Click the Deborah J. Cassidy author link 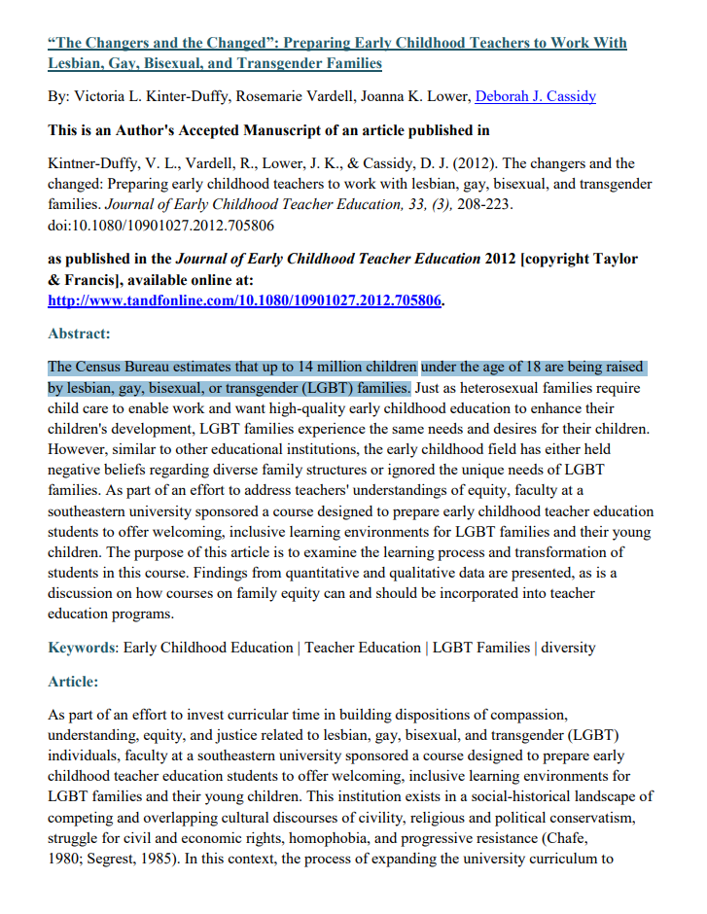(535, 96)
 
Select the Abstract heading (79, 334)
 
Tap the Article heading (73, 682)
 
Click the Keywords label (82, 648)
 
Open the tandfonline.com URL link (245, 299)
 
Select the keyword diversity (568, 648)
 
